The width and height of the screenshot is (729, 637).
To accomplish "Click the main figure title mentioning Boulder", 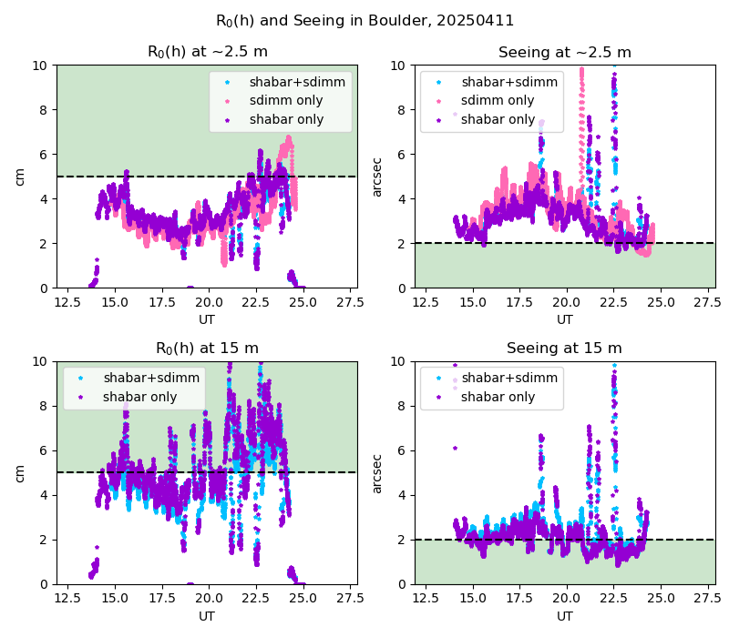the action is pyautogui.click(x=365, y=21).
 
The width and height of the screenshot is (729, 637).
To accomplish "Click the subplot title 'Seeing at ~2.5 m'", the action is pyautogui.click(x=565, y=52).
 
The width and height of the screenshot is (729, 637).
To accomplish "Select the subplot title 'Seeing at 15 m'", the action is pyautogui.click(x=564, y=348).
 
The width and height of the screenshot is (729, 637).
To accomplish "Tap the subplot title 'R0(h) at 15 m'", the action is pyautogui.click(x=207, y=349).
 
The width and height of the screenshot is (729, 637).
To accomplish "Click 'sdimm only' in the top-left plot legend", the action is pyautogui.click(x=286, y=100).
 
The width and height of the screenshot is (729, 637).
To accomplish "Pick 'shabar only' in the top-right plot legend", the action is pyautogui.click(x=498, y=119).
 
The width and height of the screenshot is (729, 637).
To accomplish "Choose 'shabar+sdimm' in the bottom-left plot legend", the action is pyautogui.click(x=151, y=378).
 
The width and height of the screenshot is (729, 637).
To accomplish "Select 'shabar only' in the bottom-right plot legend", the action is pyautogui.click(x=498, y=397).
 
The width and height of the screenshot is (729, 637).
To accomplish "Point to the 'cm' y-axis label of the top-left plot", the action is pyautogui.click(x=19, y=177).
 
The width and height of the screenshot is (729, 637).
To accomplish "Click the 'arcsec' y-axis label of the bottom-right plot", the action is pyautogui.click(x=377, y=473).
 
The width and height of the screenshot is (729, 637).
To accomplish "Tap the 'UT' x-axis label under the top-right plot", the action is pyautogui.click(x=565, y=319).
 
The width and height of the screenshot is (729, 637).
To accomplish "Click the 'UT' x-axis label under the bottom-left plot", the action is pyautogui.click(x=207, y=616).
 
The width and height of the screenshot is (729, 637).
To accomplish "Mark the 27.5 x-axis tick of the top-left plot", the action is pyautogui.click(x=350, y=303).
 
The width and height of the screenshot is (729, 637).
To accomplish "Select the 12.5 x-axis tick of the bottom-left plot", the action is pyautogui.click(x=67, y=599).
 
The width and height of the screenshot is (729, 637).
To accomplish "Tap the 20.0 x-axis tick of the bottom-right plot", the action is pyautogui.click(x=566, y=599).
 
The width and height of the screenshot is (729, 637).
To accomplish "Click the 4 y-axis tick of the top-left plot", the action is pyautogui.click(x=44, y=199).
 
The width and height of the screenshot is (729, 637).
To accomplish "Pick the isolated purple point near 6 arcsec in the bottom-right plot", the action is pyautogui.click(x=455, y=448).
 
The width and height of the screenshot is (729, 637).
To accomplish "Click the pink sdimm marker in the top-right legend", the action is pyautogui.click(x=439, y=101).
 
